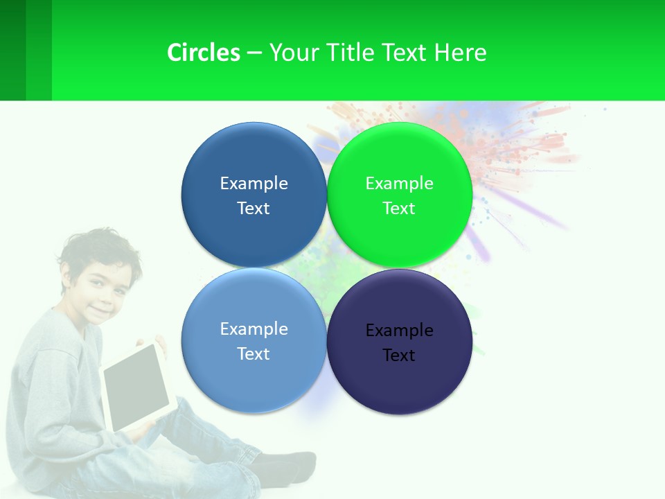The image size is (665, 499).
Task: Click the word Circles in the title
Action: [203, 53]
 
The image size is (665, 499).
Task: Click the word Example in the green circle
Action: [399, 183]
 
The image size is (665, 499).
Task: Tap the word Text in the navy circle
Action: [398, 355]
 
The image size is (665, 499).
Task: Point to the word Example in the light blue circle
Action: [254, 329]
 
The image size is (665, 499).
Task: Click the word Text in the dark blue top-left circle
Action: [254, 208]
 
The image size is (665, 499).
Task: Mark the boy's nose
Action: [97, 294]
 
